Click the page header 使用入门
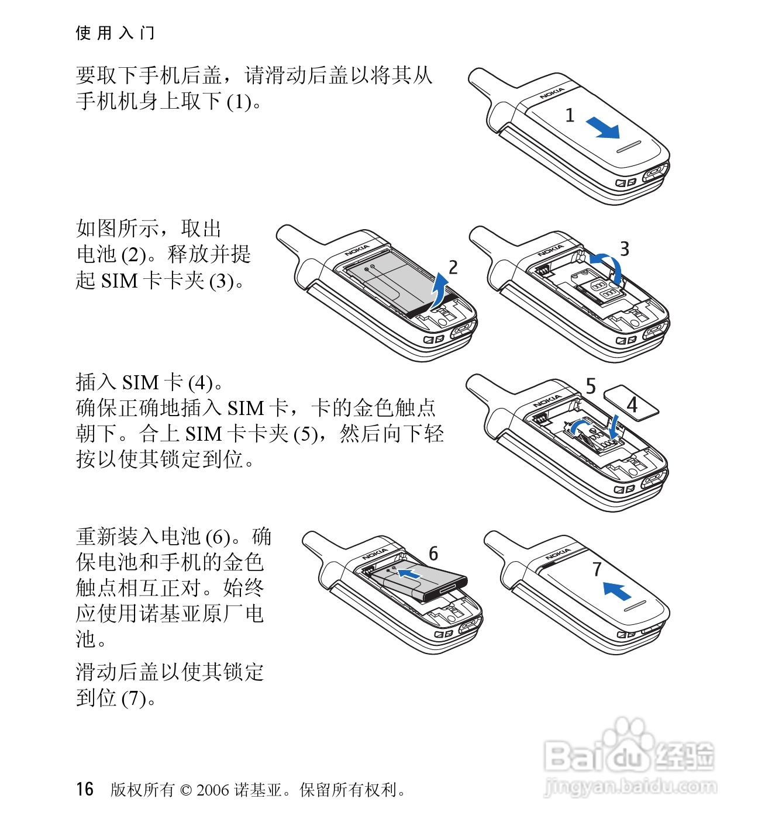pos(115,33)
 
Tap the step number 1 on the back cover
pos(570,115)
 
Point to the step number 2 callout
pos(453,267)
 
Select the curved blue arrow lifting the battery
pos(440,290)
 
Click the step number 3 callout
pos(625,248)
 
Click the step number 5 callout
pos(591,386)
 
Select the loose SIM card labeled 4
pos(631,403)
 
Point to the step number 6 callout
pos(433,553)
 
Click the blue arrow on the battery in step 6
pos(409,573)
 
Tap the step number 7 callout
pos(597,569)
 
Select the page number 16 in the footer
pos(84,790)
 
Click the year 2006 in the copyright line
pos(213,790)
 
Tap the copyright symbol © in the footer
pos(186,790)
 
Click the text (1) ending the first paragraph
pos(239,101)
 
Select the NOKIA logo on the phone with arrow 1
pos(552,93)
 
